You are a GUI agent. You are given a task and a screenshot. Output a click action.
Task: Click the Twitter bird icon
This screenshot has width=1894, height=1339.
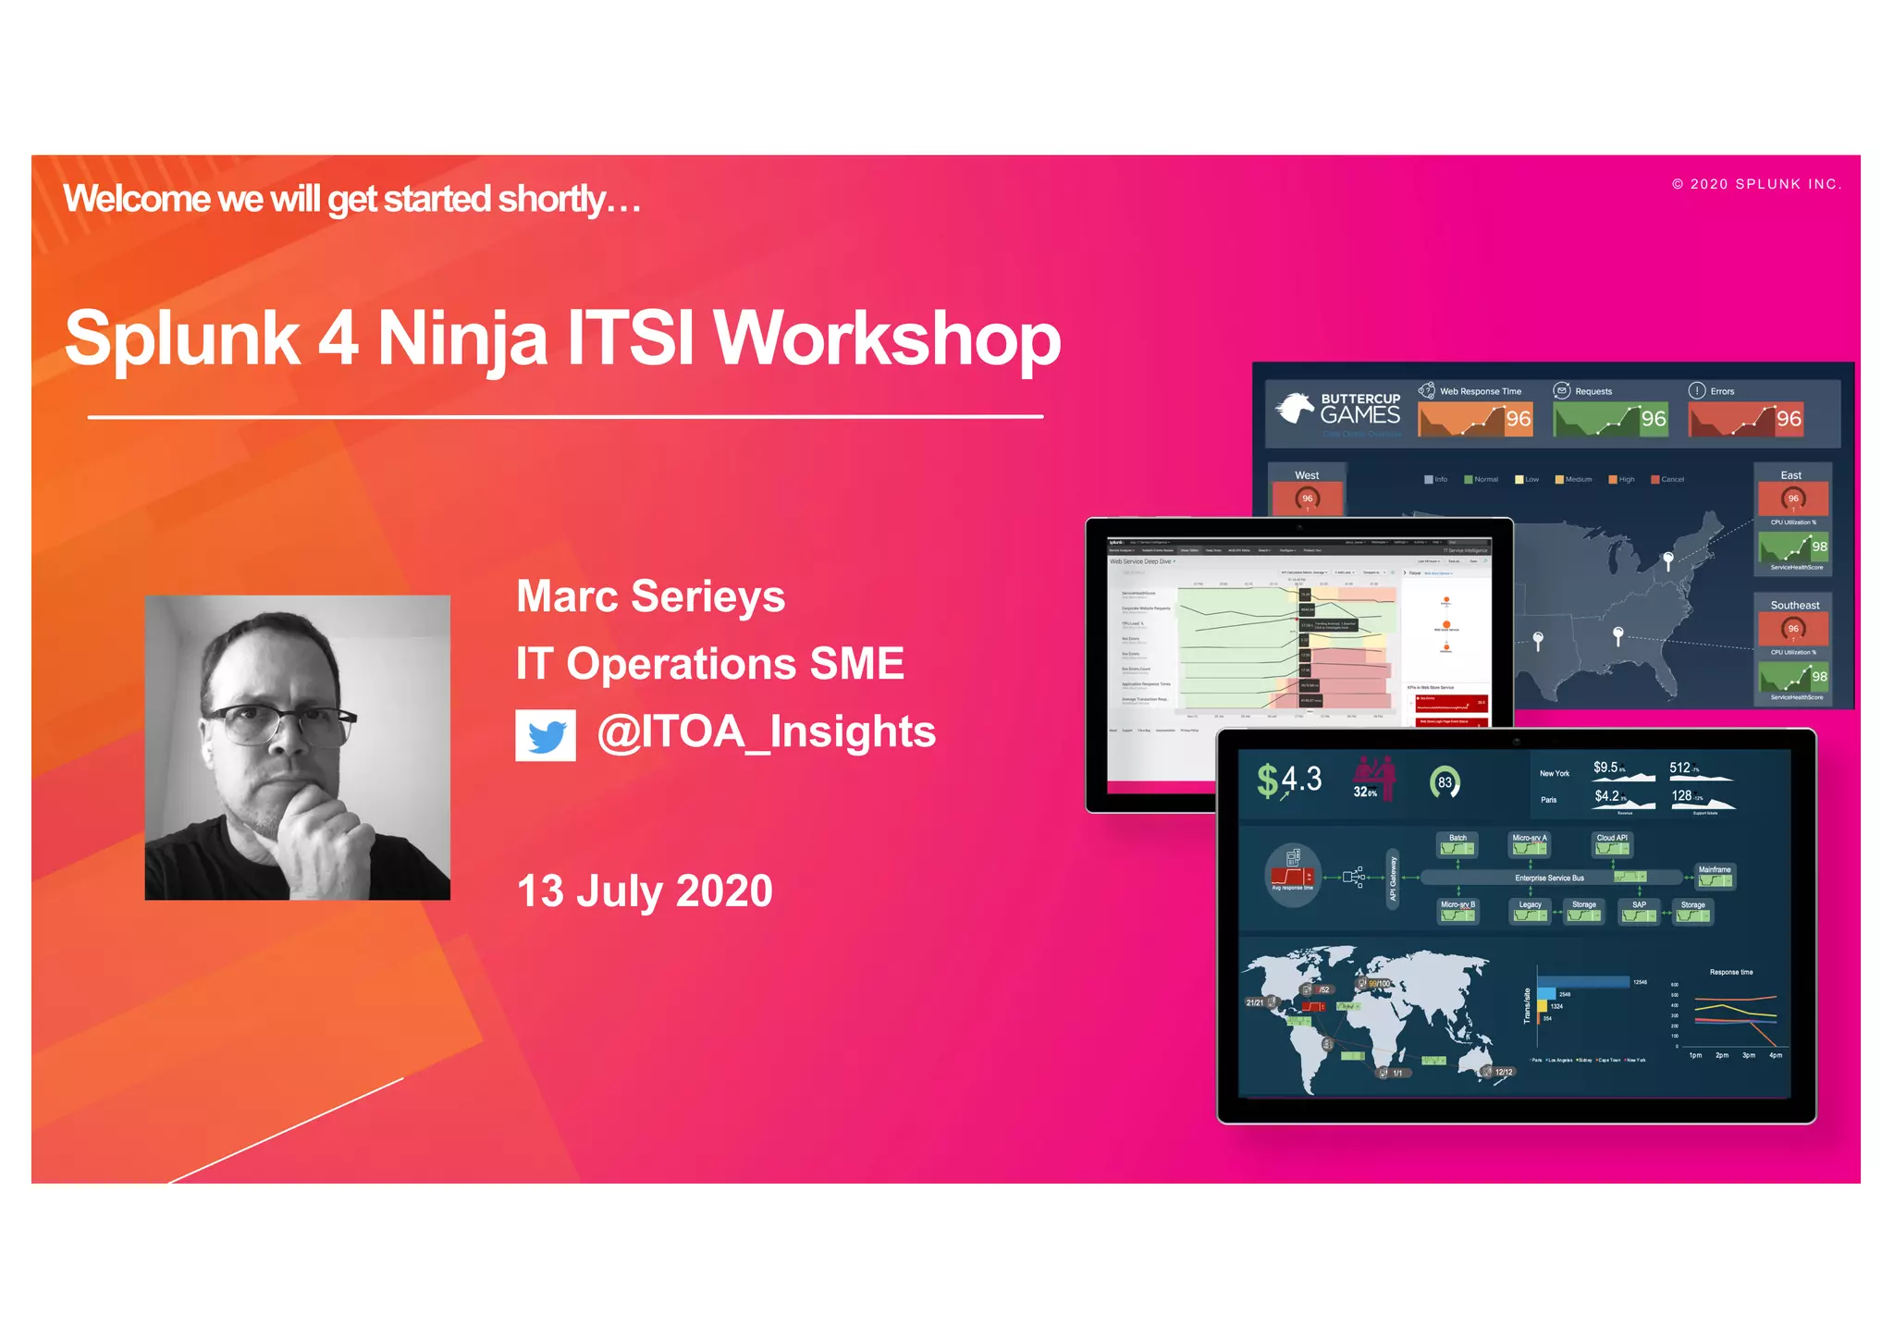pyautogui.click(x=546, y=735)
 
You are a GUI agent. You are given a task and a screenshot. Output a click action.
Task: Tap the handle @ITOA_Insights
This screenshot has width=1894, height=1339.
pyautogui.click(x=766, y=732)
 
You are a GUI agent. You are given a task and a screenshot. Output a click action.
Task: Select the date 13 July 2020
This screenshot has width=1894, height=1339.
pyautogui.click(x=645, y=891)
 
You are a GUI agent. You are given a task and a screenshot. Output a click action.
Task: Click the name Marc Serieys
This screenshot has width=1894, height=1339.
pyautogui.click(x=650, y=596)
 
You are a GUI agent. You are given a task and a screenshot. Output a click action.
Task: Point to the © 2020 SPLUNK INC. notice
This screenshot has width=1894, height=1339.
pyautogui.click(x=1756, y=184)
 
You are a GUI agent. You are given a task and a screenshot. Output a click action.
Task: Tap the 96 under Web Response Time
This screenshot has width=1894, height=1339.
pyautogui.click(x=1519, y=419)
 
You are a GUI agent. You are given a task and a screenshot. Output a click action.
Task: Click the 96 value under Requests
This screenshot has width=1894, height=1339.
pyautogui.click(x=1654, y=419)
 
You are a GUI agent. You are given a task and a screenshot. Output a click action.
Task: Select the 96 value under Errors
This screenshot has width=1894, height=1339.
pyautogui.click(x=1789, y=419)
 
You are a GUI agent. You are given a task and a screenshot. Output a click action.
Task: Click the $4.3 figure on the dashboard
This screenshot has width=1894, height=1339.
pyautogui.click(x=1290, y=780)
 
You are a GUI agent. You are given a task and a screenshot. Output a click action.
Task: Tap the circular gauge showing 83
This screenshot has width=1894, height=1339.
pyautogui.click(x=1445, y=782)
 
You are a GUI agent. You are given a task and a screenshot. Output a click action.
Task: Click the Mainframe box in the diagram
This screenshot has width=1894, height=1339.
pyautogui.click(x=1715, y=875)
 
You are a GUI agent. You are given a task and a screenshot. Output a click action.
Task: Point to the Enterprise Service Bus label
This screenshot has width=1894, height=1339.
pyautogui.click(x=1549, y=878)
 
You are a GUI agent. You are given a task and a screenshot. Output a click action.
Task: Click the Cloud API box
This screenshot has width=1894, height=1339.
pyautogui.click(x=1612, y=843)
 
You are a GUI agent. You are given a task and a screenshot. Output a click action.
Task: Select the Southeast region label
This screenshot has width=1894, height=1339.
pyautogui.click(x=1794, y=606)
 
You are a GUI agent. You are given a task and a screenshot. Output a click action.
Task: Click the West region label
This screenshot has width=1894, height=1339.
pyautogui.click(x=1307, y=475)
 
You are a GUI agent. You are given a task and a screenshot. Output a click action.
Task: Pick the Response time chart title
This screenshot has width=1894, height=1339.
pyautogui.click(x=1730, y=972)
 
